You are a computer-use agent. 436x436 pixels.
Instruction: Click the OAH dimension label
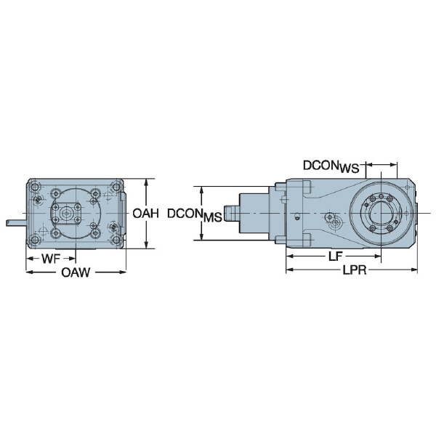[146, 214]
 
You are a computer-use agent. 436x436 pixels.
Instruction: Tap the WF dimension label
[51, 258]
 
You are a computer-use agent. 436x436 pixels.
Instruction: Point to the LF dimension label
[334, 257]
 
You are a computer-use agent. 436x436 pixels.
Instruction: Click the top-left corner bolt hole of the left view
[37, 185]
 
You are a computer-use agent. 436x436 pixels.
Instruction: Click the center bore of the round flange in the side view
[381, 213]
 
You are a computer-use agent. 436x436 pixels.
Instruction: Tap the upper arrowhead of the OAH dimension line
[147, 182]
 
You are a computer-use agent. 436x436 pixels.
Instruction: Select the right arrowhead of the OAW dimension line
[124, 272]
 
